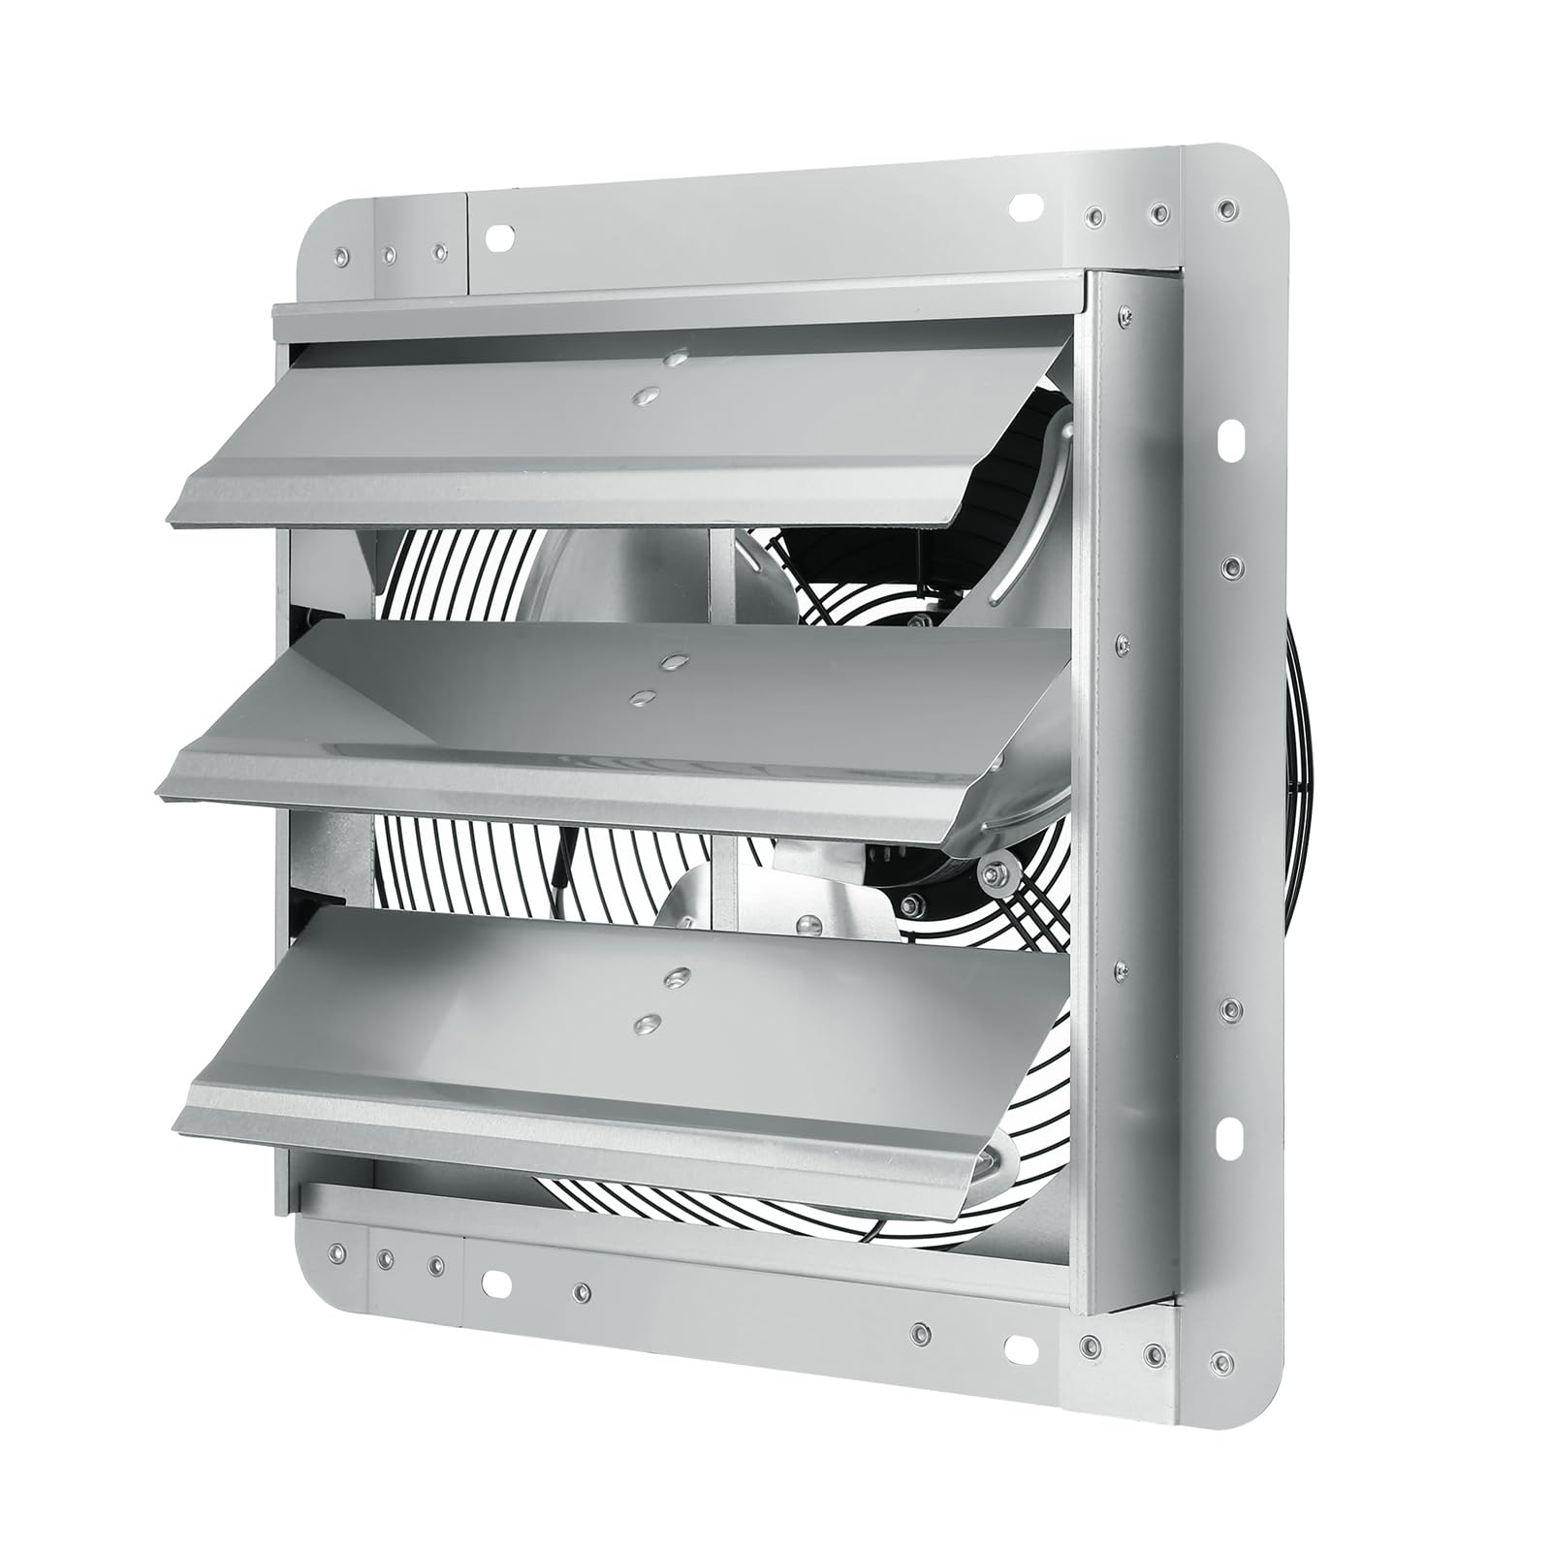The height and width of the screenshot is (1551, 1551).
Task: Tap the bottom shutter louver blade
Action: click(x=620, y=1047)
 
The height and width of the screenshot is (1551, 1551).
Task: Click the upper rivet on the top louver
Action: click(x=672, y=360)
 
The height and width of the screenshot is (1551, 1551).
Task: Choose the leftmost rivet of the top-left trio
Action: click(x=340, y=256)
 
